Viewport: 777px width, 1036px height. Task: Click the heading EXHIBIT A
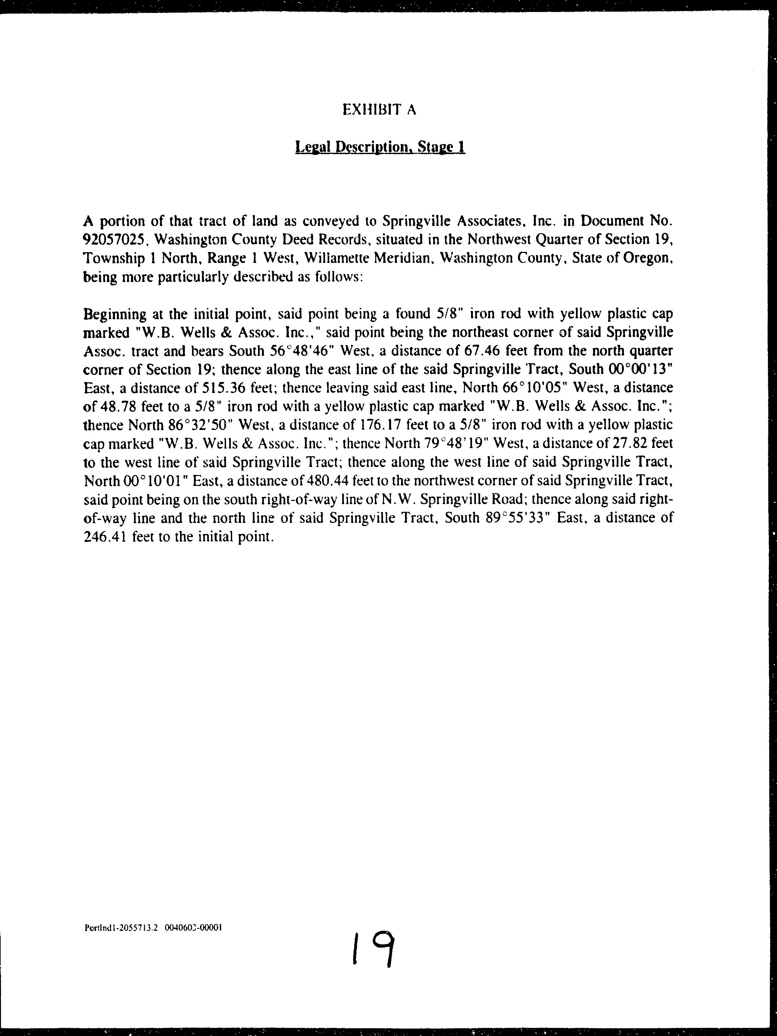[x=379, y=110]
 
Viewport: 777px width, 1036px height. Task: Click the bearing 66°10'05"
[x=530, y=388]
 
